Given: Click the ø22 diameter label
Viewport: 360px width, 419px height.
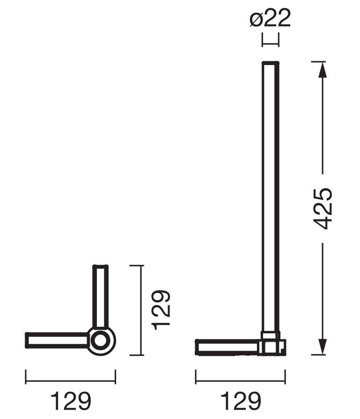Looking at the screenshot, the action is [x=270, y=18].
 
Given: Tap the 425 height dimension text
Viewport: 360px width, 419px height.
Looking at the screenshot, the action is [x=323, y=209].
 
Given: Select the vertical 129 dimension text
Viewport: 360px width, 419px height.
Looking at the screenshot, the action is [x=161, y=310].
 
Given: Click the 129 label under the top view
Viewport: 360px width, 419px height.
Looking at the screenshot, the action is [x=71, y=401].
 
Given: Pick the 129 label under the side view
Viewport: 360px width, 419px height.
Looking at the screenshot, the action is [x=241, y=401].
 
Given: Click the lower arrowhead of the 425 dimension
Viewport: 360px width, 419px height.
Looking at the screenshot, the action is [x=323, y=347].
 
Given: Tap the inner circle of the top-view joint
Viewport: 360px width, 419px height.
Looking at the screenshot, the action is [x=101, y=341].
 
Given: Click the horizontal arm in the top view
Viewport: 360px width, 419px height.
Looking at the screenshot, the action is [x=57, y=340].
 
